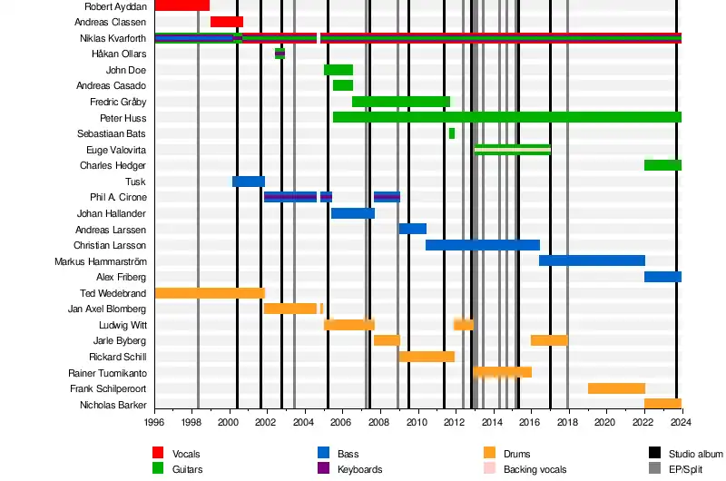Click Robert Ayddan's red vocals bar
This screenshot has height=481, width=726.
click(x=181, y=5)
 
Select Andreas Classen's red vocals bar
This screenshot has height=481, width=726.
click(x=226, y=22)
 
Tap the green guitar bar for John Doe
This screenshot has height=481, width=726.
click(x=338, y=70)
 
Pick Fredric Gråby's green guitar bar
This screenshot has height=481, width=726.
click(x=400, y=102)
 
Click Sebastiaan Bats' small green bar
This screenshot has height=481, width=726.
click(x=452, y=133)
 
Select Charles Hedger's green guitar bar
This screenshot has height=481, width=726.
click(x=662, y=165)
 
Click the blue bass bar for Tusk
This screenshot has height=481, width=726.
click(x=248, y=182)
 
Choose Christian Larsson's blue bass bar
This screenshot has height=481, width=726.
click(x=482, y=245)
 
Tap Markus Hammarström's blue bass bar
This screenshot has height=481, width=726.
click(x=592, y=260)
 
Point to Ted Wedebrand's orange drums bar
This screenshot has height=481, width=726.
click(x=209, y=293)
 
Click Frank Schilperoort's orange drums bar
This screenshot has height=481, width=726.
click(x=616, y=388)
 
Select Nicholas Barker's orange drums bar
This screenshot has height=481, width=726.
click(x=662, y=404)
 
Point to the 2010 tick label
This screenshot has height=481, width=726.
click(x=417, y=422)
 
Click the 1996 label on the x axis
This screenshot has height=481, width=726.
click(x=154, y=422)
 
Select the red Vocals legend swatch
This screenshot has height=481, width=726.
click(x=158, y=453)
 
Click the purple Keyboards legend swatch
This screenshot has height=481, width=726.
click(x=323, y=469)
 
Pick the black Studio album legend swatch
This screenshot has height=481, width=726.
click(x=654, y=453)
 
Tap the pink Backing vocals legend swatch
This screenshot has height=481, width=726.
click(x=489, y=469)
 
